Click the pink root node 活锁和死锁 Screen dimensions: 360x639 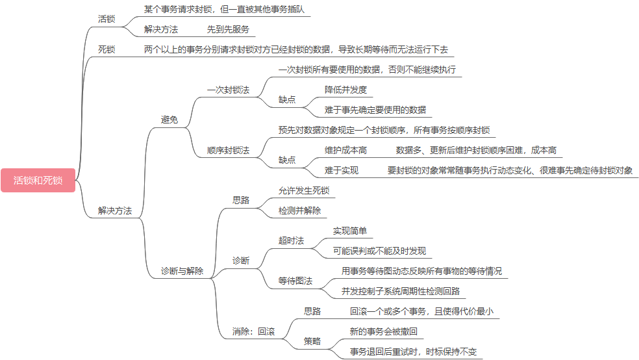tap(38, 180)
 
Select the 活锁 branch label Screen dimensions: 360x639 tap(106, 19)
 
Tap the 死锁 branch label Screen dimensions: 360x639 tap(106, 49)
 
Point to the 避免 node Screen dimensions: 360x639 tap(169, 120)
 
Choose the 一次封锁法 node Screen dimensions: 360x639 tap(228, 90)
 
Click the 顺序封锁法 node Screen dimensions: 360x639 tap(228, 150)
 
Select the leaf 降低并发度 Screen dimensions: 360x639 tap(346, 89)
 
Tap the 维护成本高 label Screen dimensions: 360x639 tap(346, 150)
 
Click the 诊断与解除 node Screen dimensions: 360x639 tap(182, 271)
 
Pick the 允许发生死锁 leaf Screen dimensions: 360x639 tap(304, 190)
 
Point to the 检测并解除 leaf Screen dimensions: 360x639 tap(299, 211)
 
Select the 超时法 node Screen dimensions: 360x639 tap(291, 240)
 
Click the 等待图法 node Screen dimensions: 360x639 tap(295, 281)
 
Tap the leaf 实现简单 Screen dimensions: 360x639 tap(350, 231)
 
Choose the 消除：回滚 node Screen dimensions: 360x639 tap(253, 331)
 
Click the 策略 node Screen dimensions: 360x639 tap(312, 341)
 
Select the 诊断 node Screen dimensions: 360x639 tap(241, 261)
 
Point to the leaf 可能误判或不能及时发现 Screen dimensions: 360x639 tap(380, 251)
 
